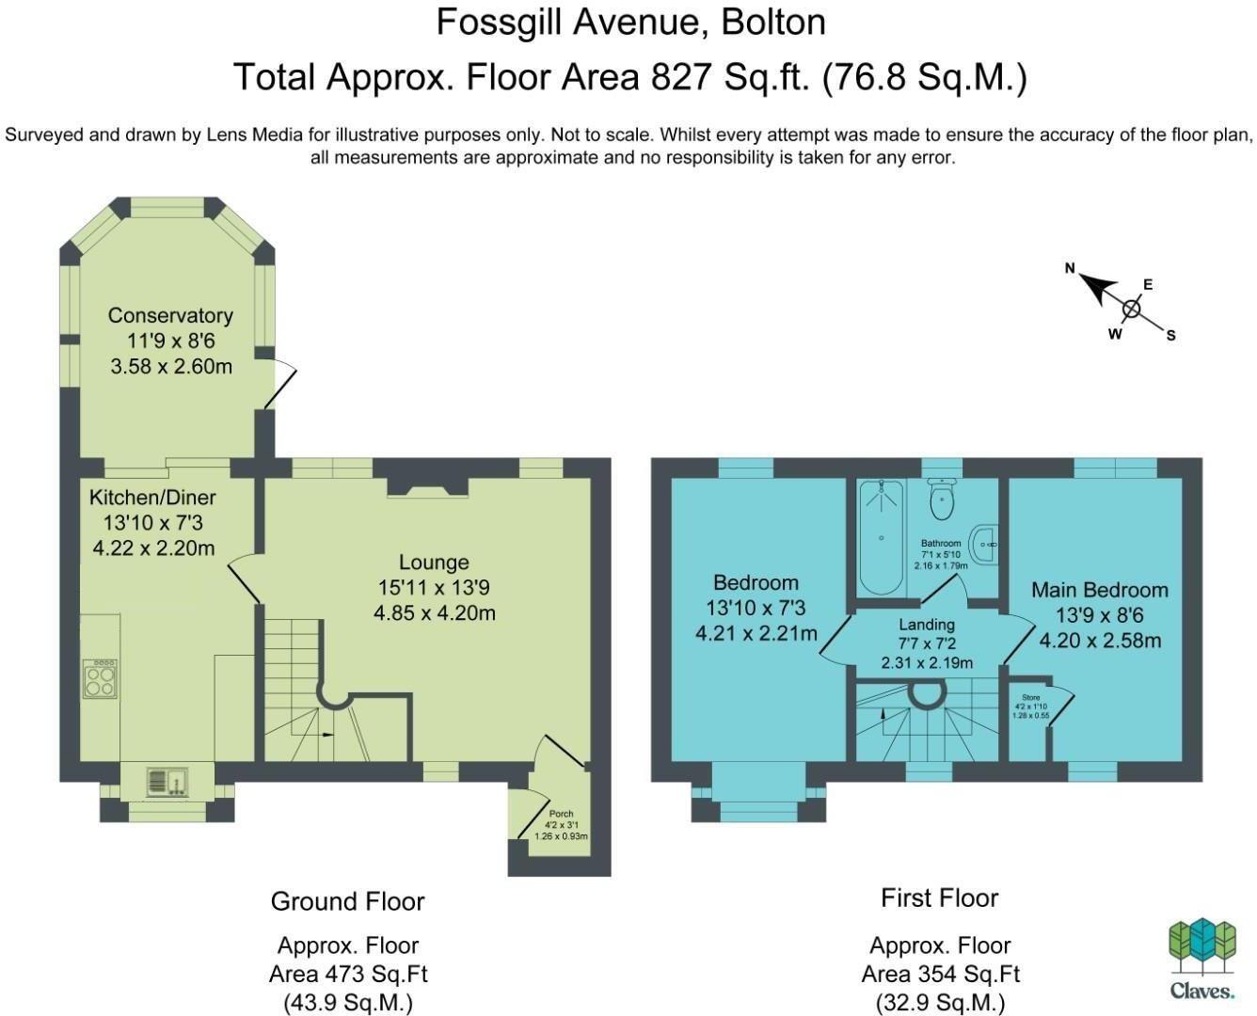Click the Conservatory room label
click(x=170, y=316)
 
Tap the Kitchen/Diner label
click(x=152, y=498)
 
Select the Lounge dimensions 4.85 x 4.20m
click(x=435, y=613)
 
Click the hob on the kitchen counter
click(x=100, y=678)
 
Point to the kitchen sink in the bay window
click(x=167, y=782)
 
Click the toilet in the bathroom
click(x=942, y=499)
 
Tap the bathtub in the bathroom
click(x=881, y=537)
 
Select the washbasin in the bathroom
click(x=984, y=545)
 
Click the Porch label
click(x=561, y=814)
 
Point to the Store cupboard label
click(x=1031, y=697)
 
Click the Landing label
click(x=927, y=625)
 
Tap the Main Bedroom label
click(x=1100, y=590)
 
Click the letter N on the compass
click(x=1070, y=268)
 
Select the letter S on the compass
click(x=1170, y=336)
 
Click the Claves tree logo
click(x=1202, y=945)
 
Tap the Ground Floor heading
click(x=347, y=901)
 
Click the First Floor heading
click(x=940, y=898)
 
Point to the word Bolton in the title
click(x=773, y=23)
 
